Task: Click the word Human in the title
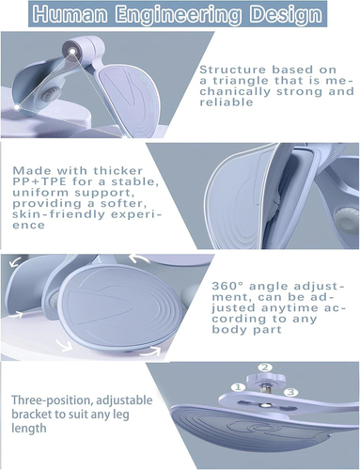pos(70,14)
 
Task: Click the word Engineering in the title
pos(179,15)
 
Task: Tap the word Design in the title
pos(287,15)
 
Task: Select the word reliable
pos(227,102)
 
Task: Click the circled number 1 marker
pos(238,387)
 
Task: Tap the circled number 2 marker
pos(265,368)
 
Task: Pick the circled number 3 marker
pos(291,392)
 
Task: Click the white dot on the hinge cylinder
pos(72,52)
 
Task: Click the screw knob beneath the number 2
pos(266,380)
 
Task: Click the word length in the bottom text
pos(29,429)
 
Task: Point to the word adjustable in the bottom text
pos(124,400)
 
